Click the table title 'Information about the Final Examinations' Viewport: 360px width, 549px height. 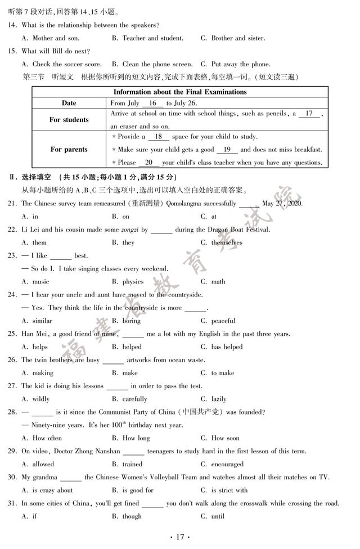coord(180,92)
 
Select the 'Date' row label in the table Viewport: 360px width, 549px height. coord(69,103)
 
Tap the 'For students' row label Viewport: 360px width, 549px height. coord(69,120)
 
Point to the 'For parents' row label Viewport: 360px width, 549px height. coord(69,150)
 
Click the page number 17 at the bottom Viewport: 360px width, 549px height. coord(180,537)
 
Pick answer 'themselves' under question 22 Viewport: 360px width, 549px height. coord(227,243)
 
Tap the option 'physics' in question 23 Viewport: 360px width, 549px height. coord(133,282)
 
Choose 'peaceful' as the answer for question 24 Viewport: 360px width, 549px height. coord(223,321)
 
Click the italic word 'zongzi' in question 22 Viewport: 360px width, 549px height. coord(128,229)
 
